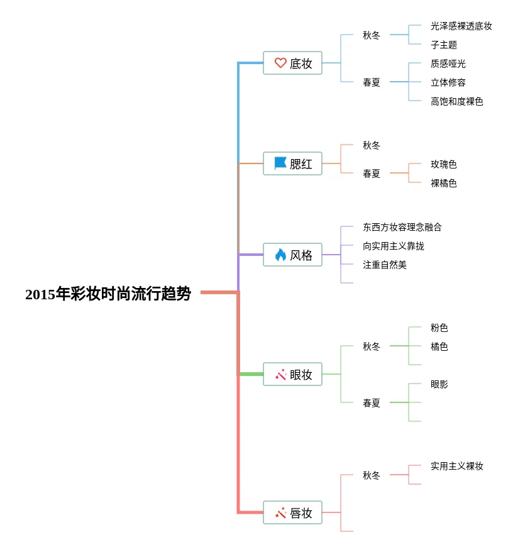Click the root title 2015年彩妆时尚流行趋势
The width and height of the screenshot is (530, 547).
108,294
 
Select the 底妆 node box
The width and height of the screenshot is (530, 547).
292,63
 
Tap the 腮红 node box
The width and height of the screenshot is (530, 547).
292,163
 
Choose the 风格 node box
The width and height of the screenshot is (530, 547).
292,255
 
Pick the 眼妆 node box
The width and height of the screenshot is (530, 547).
292,374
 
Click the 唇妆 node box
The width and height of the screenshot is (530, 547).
292,512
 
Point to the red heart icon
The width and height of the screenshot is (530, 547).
280,63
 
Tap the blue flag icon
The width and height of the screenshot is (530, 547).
280,163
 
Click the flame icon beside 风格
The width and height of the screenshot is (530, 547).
280,255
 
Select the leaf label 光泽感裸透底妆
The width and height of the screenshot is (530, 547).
461,26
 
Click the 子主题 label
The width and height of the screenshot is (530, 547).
443,45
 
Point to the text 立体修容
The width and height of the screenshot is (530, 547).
448,82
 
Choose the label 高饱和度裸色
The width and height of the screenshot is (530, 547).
456,101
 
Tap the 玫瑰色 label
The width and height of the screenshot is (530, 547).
443,164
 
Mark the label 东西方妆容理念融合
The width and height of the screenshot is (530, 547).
402,227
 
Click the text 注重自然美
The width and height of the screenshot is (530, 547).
384,265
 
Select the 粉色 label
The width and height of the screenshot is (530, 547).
439,328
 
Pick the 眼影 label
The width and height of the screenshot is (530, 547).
439,384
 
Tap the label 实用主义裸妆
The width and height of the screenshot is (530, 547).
456,466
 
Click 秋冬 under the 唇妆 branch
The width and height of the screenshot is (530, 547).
371,475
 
